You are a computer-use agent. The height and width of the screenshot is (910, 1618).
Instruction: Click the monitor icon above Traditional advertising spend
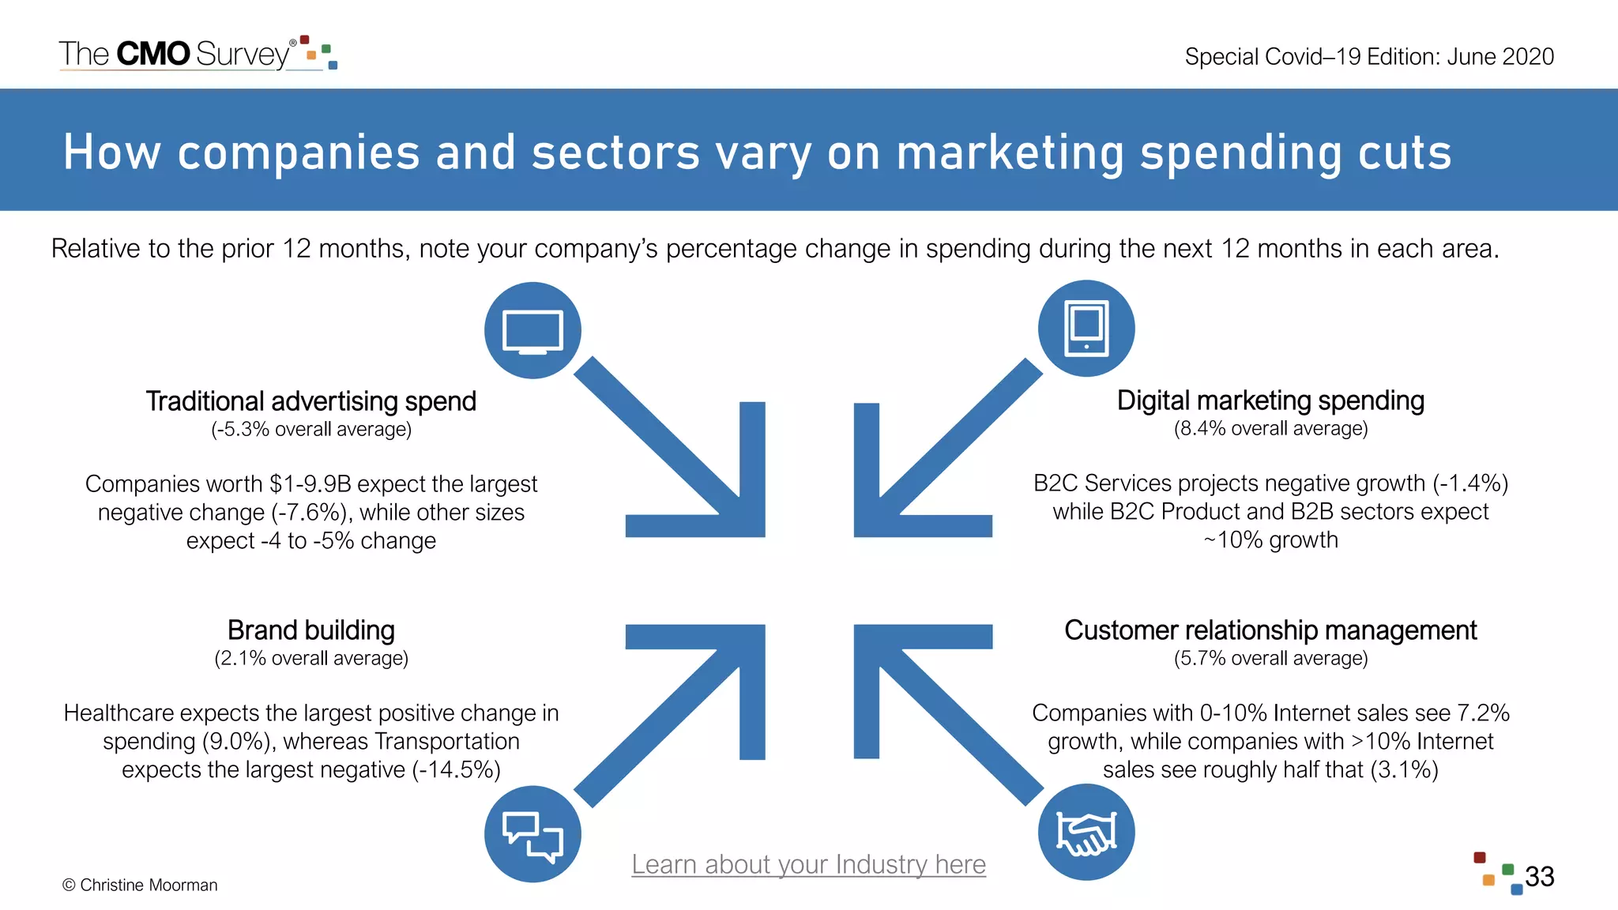532,330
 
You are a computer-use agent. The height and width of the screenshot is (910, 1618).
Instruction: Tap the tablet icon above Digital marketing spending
1086,328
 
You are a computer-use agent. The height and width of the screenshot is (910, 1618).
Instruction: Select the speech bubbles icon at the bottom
532,834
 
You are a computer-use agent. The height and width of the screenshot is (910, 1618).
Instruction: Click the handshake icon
1086,833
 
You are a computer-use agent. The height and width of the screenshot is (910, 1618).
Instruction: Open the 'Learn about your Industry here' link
808,864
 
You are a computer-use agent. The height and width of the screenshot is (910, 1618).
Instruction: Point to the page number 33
1539,877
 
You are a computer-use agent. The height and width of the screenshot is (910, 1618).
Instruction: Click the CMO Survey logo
198,54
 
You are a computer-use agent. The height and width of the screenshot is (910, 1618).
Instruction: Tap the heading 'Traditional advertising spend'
310,401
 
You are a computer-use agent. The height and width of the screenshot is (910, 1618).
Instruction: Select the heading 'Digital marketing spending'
1270,400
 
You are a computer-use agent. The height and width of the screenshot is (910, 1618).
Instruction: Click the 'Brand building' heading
310,630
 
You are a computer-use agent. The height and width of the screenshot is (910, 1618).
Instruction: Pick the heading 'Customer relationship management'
1270,630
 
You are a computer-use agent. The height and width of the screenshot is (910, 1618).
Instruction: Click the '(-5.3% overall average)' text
310,430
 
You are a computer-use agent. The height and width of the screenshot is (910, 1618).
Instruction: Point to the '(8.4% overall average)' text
1270,429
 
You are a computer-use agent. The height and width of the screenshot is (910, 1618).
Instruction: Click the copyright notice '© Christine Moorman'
140,886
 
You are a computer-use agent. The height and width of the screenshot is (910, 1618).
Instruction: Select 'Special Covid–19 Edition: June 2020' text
1369,57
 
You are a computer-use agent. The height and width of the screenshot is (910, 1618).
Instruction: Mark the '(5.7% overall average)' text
1270,659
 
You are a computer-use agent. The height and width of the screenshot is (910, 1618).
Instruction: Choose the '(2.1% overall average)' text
310,659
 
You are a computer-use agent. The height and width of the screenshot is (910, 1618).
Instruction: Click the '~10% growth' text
1270,540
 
